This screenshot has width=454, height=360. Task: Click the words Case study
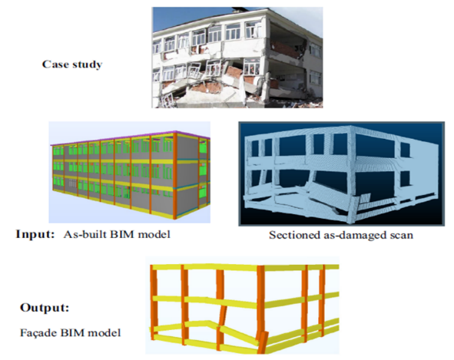click(x=72, y=64)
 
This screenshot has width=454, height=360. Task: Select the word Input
click(x=35, y=234)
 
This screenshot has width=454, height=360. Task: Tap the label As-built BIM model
click(x=117, y=234)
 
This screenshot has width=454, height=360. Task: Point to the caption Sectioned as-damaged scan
click(x=341, y=235)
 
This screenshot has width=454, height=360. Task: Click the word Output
click(x=45, y=307)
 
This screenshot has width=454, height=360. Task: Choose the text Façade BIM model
click(x=71, y=332)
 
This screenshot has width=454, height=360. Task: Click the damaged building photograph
click(x=237, y=58)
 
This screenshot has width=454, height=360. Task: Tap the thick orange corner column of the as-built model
click(x=175, y=176)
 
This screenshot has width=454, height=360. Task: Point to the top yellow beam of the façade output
click(x=244, y=267)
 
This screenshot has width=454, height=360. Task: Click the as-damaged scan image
click(x=341, y=173)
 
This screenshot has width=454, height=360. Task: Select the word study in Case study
click(x=87, y=64)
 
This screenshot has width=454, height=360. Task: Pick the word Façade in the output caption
click(x=38, y=332)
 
